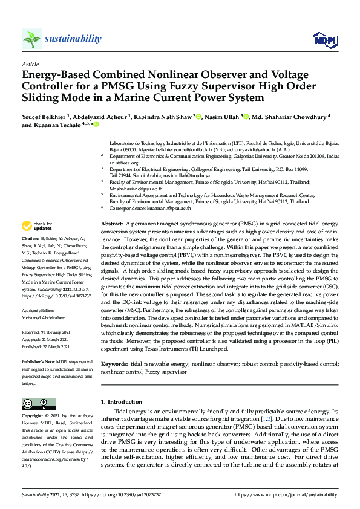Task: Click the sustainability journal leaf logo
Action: coord(32,39)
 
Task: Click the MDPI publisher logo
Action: coord(324,40)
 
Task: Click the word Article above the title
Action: coord(30,64)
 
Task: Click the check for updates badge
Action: coord(36,226)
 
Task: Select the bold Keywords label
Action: coord(114,365)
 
